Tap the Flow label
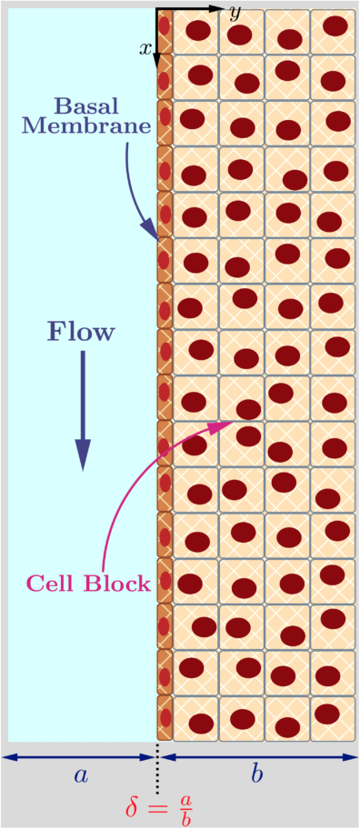82,332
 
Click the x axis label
145,48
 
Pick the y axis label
235,13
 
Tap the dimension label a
81,774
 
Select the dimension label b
258,774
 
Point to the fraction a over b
185,806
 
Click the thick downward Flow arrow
83,409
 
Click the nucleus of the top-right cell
335,25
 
